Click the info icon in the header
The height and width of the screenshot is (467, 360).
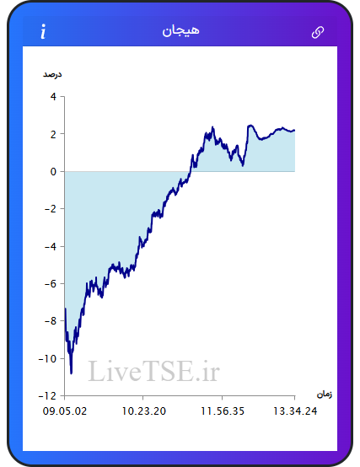click(43, 31)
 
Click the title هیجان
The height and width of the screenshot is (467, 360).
click(180, 31)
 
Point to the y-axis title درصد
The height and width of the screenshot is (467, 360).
click(52, 74)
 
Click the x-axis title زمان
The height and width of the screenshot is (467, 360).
click(325, 395)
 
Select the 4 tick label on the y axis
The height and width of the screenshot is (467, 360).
click(53, 96)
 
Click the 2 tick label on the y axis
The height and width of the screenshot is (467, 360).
click(53, 134)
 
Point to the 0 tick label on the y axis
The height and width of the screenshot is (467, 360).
click(53, 172)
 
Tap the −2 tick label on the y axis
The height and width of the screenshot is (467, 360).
click(51, 209)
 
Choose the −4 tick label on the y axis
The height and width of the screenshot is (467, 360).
click(51, 246)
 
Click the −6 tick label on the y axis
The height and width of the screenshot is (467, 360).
click(51, 283)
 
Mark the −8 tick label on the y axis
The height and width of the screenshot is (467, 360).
click(51, 321)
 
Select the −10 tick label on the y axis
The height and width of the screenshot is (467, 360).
click(47, 358)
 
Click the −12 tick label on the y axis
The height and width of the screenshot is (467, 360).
click(47, 395)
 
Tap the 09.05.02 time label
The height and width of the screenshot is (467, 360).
click(65, 411)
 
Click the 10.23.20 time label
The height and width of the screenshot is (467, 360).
click(144, 411)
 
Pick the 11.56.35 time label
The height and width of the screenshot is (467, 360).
click(223, 411)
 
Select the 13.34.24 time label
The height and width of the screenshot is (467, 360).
click(295, 411)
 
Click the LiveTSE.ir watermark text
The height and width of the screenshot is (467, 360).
click(154, 371)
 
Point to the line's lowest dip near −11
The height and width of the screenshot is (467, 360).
click(71, 373)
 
